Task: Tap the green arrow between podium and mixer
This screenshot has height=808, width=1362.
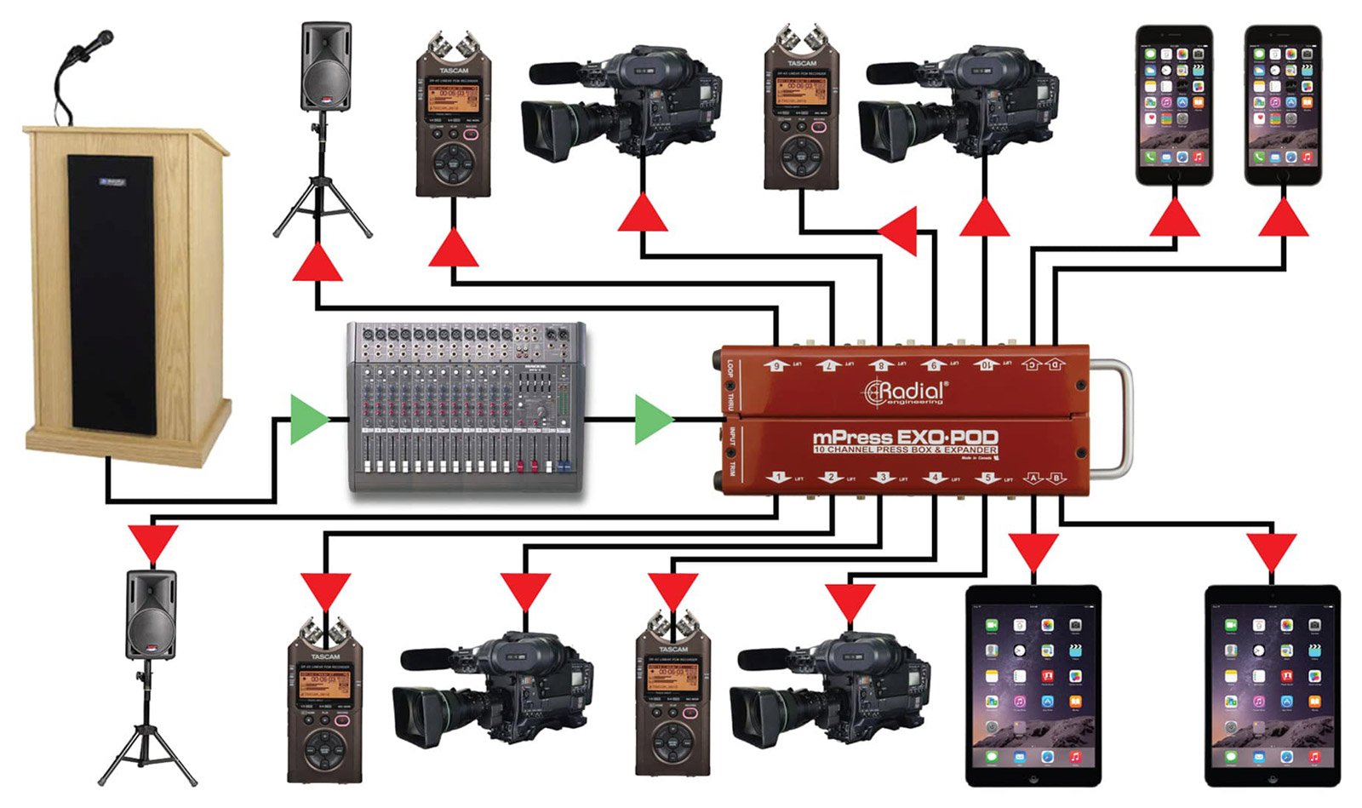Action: point(308,419)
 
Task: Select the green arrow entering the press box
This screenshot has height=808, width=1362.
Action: point(653,419)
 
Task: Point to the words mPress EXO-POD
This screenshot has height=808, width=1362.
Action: point(905,438)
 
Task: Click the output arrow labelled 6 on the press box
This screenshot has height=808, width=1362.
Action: point(776,364)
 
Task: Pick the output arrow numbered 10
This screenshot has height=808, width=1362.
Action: point(986,364)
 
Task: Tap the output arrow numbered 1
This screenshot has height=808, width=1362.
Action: point(776,478)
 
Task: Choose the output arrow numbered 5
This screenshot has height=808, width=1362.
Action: point(987,478)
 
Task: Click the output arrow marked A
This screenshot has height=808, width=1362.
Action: point(1033,478)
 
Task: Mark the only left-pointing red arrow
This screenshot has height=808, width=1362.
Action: point(900,232)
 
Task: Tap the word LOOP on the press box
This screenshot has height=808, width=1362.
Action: point(730,370)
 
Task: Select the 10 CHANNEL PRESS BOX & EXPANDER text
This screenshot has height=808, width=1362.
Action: point(905,450)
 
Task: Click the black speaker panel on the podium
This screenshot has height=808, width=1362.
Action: point(112,294)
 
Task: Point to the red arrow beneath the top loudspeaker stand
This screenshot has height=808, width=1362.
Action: point(318,263)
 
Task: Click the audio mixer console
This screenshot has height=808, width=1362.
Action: point(466,407)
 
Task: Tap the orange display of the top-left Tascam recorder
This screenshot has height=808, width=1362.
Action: point(453,95)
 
